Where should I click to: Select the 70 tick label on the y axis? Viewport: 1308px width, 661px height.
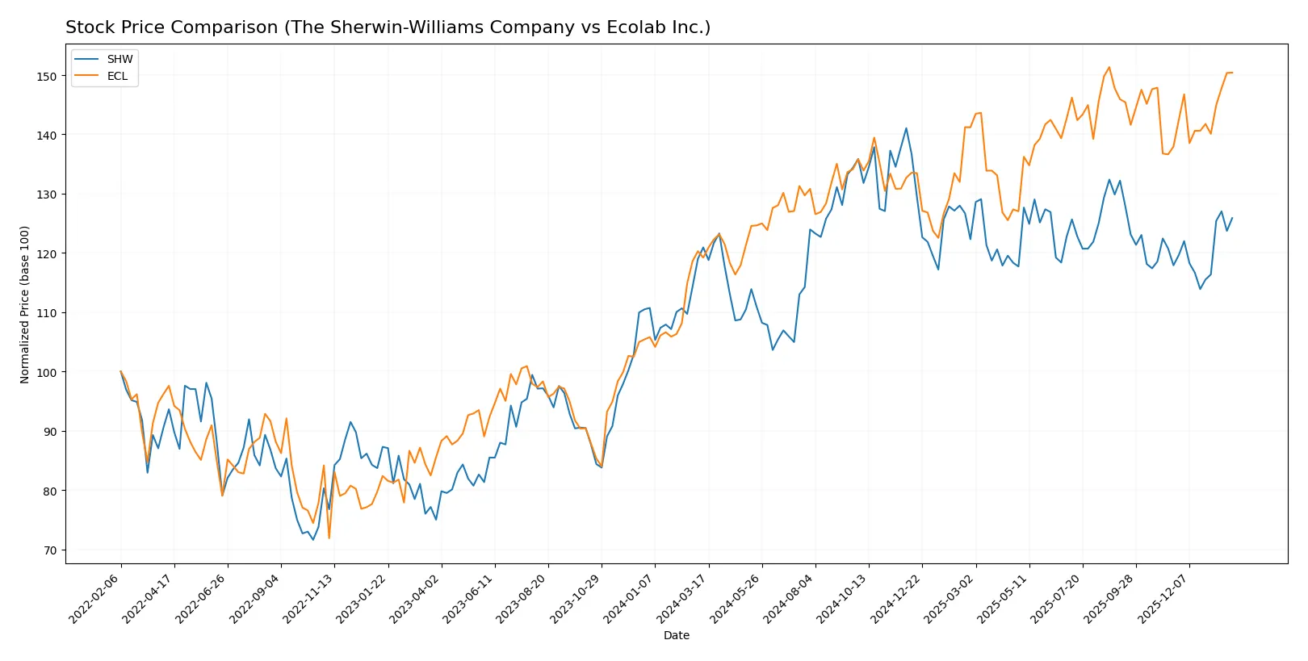tap(50, 550)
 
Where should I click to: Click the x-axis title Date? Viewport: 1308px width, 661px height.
tap(676, 635)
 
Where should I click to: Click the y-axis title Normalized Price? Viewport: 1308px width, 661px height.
tap(24, 304)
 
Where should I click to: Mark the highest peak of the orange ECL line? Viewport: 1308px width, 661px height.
tap(1109, 67)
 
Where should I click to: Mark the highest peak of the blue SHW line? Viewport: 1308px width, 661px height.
tap(906, 128)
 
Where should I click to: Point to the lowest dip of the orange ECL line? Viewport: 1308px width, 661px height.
tap(329, 538)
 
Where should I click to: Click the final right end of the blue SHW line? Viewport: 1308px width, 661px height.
tap(1232, 218)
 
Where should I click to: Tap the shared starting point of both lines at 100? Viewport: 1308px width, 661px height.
tap(121, 372)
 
